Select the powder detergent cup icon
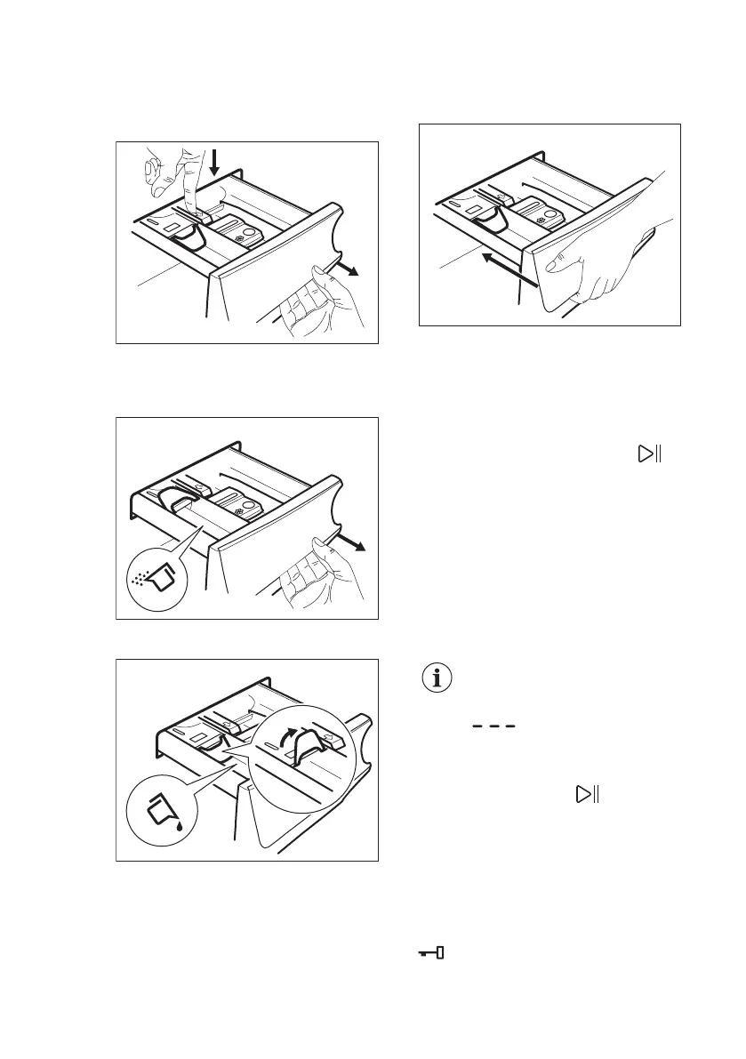click(x=156, y=575)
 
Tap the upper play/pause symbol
click(x=649, y=454)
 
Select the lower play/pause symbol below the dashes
click(x=587, y=794)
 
